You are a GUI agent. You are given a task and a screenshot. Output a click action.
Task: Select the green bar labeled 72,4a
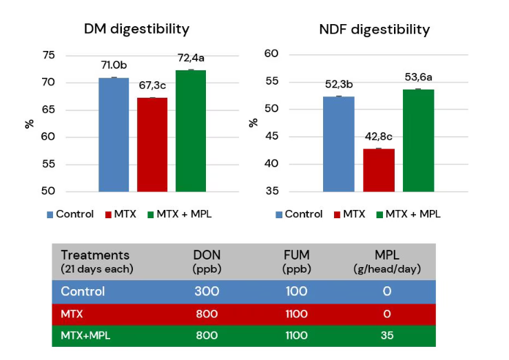[x=191, y=131]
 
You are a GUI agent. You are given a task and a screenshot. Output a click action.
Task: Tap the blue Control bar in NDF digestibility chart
[x=339, y=144]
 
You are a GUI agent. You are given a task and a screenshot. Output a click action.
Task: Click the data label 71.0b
[x=114, y=65]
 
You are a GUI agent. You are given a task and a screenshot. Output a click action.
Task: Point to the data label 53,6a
[x=418, y=77]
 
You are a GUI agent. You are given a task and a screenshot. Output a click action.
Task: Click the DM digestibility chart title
[x=136, y=29]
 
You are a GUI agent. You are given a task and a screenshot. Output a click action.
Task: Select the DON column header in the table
[x=207, y=260]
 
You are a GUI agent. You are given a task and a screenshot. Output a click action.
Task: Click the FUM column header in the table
[x=295, y=260]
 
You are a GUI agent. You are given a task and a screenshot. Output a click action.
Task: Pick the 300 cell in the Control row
[x=207, y=291]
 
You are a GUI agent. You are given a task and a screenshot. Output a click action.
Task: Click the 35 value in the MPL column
[x=387, y=335]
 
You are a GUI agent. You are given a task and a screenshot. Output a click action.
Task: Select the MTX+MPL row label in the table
[x=85, y=335]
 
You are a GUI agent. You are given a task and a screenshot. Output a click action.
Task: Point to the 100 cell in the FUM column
[x=295, y=291]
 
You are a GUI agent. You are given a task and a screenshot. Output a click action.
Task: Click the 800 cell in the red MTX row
[x=207, y=314]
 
